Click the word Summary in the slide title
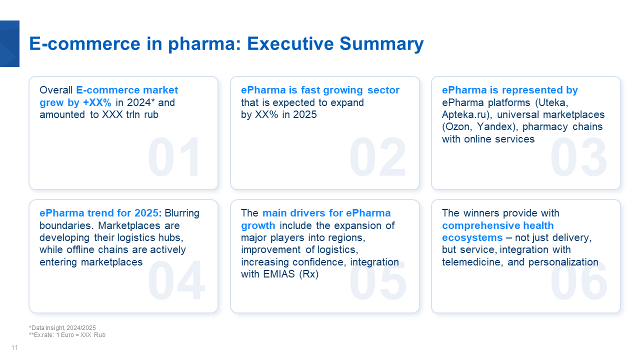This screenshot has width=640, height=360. click(x=381, y=44)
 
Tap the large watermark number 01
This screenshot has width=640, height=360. click(x=174, y=156)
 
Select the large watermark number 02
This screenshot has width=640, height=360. click(x=377, y=156)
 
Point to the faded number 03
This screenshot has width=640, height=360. click(x=578, y=156)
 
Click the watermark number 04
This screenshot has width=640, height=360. click(x=176, y=280)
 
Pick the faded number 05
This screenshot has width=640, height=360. click(x=377, y=280)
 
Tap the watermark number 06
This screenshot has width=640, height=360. click(x=579, y=280)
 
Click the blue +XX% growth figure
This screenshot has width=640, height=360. click(x=97, y=102)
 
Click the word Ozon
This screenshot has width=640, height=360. click(x=457, y=126)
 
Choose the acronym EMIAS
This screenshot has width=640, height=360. click(x=279, y=274)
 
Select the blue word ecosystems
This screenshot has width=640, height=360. click(x=472, y=237)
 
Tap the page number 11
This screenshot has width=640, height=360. click(x=14, y=347)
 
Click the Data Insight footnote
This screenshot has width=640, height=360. click(x=62, y=327)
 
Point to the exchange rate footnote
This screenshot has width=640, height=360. click(x=67, y=335)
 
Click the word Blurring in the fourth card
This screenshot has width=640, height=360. click(x=182, y=213)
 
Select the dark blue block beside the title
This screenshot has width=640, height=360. click(x=9, y=43)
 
